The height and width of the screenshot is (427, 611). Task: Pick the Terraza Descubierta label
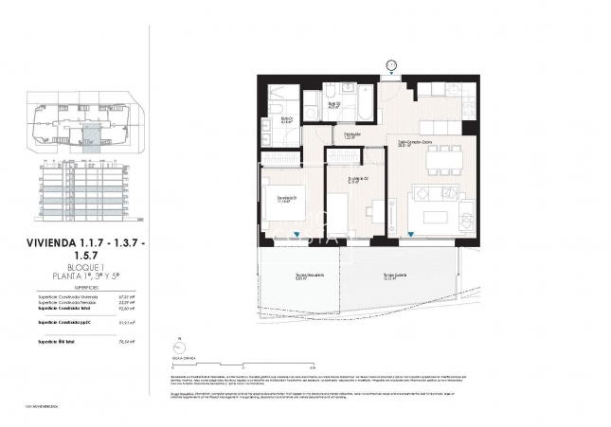(x=300, y=277)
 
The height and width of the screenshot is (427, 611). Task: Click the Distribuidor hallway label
(x=351, y=136)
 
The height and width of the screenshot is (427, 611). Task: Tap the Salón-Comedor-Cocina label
(x=415, y=144)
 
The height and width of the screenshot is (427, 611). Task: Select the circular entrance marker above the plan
(x=391, y=64)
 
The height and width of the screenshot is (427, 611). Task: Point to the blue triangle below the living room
(x=410, y=236)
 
